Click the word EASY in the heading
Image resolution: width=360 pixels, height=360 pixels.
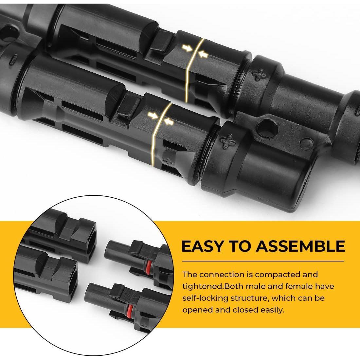click(x=202, y=246)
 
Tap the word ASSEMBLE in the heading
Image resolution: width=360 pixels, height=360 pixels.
click(x=300, y=246)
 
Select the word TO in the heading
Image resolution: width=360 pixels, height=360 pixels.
click(x=239, y=246)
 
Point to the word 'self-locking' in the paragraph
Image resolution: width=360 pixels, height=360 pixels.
click(x=205, y=298)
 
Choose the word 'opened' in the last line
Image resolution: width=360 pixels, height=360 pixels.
click(x=197, y=310)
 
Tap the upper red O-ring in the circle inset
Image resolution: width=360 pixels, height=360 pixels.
click(x=149, y=267)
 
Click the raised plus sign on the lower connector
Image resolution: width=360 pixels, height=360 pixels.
click(x=228, y=141)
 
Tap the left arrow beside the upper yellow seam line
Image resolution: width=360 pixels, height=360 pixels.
click(x=187, y=48)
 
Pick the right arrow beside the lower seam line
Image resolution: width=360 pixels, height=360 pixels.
click(x=169, y=122)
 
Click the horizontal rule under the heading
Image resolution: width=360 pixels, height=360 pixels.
click(x=263, y=261)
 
